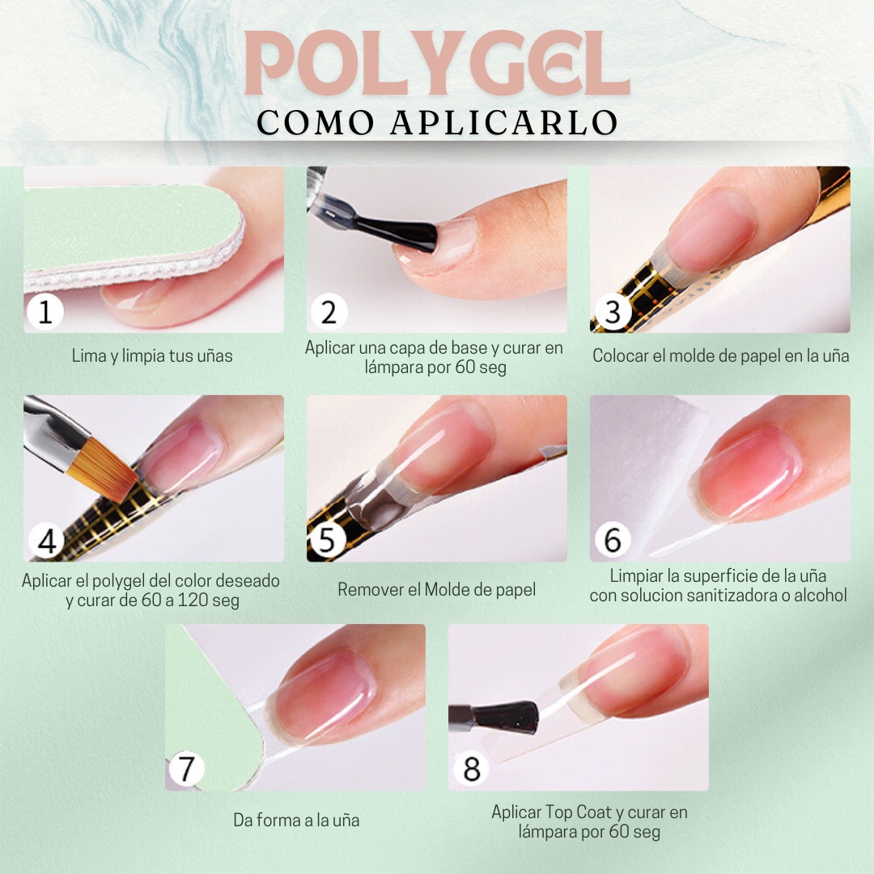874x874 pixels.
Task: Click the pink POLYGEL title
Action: [x=437, y=62]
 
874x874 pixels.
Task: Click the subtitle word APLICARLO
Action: [x=504, y=123]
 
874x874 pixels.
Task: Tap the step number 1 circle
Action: [x=45, y=312]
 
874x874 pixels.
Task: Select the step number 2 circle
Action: [x=329, y=312]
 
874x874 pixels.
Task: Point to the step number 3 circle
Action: [x=613, y=312]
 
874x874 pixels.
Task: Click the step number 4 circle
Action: [x=47, y=540]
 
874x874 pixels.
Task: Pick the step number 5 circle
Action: [x=328, y=540]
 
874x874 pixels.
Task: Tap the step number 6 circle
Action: [x=613, y=540]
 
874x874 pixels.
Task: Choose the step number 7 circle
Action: [x=185, y=769]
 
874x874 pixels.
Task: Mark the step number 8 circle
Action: [x=471, y=769]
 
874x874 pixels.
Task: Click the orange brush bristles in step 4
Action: [x=103, y=469]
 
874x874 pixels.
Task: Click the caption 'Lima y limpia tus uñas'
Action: [x=152, y=355]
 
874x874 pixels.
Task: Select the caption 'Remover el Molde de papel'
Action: [x=436, y=589]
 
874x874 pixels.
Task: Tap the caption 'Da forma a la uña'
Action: [x=296, y=820]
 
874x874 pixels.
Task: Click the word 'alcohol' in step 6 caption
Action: [x=821, y=596]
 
